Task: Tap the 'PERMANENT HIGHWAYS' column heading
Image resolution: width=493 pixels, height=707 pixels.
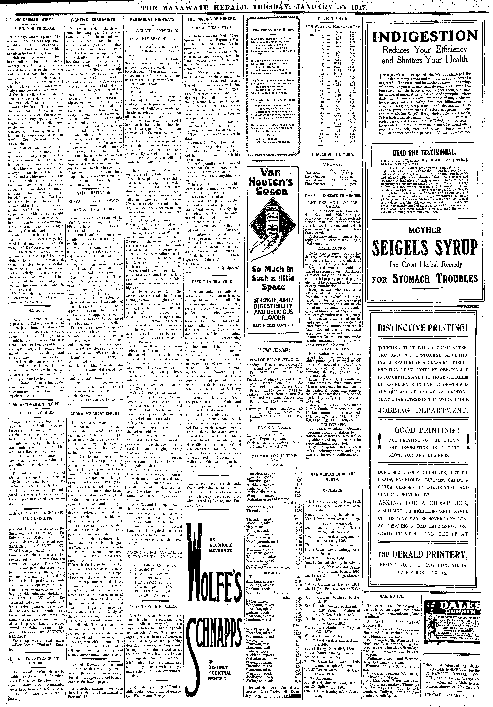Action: coord(152,19)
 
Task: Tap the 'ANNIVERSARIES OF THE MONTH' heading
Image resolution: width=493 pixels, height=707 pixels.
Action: coord(333,477)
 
